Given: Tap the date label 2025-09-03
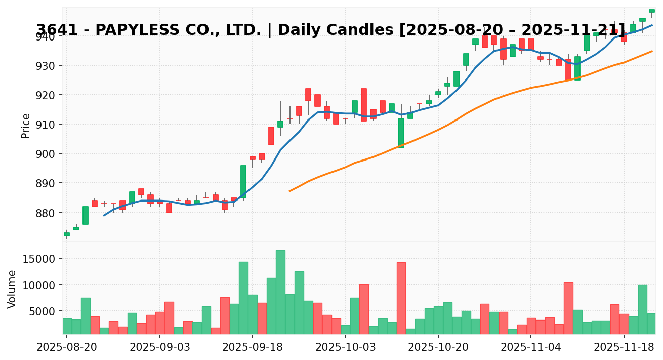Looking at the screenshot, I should tap(159, 348).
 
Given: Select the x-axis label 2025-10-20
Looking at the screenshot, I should tap(438, 348).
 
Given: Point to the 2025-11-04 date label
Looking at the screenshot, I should tap(531, 348).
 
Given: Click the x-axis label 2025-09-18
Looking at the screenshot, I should tap(253, 348).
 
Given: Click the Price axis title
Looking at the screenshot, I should tap(26, 126).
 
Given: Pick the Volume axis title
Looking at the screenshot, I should tap(12, 289).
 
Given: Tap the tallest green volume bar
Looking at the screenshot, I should tap(280, 292).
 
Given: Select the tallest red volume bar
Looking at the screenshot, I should tap(401, 298).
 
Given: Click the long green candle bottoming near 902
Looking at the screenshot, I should tap(401, 133).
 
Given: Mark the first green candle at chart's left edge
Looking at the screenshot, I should tap(67, 234).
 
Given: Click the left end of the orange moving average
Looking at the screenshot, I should tap(289, 191).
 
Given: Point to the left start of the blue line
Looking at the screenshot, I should tap(104, 215).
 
